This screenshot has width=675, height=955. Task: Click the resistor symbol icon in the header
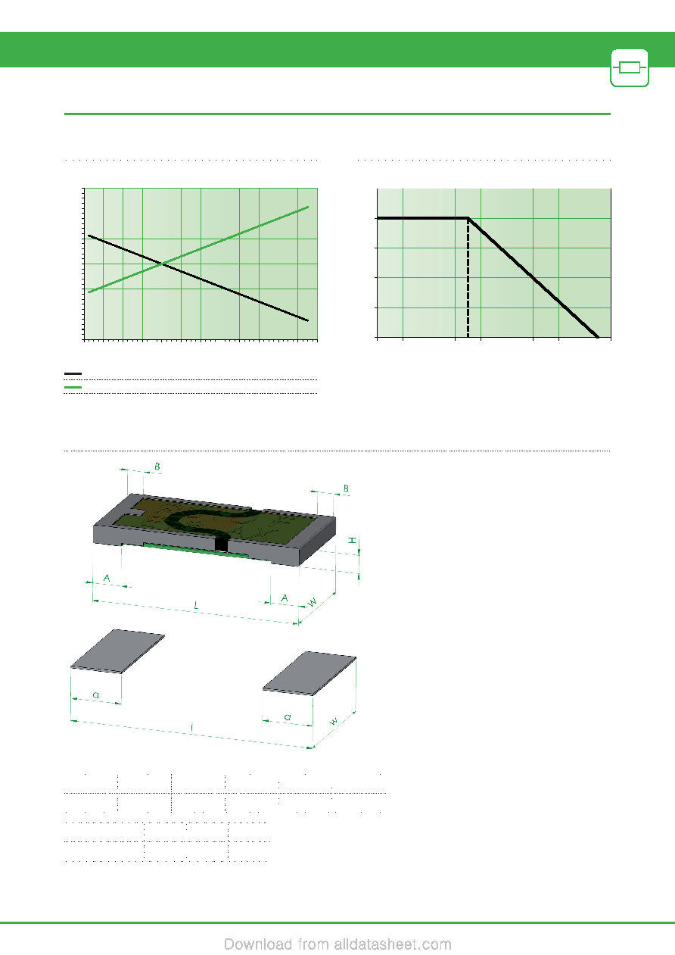pos(630,68)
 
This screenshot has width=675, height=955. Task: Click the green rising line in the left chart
pos(198,249)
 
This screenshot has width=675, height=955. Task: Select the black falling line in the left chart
pos(198,277)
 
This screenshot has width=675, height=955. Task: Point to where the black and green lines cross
pos(162,264)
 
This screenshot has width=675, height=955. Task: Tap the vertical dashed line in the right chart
pos(468,278)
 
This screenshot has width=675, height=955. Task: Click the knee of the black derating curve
pos(468,218)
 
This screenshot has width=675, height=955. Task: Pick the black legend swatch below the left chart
pos(73,373)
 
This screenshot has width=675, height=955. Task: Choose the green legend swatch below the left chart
pos(73,387)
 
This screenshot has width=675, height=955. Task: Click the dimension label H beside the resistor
pos(352,540)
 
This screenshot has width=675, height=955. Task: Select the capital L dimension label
pos(196,605)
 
